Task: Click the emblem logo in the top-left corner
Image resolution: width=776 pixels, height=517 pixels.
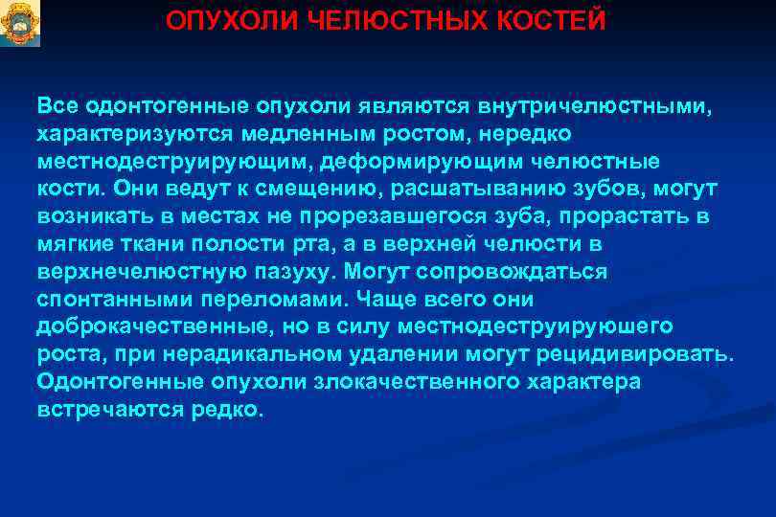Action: tap(19, 23)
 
